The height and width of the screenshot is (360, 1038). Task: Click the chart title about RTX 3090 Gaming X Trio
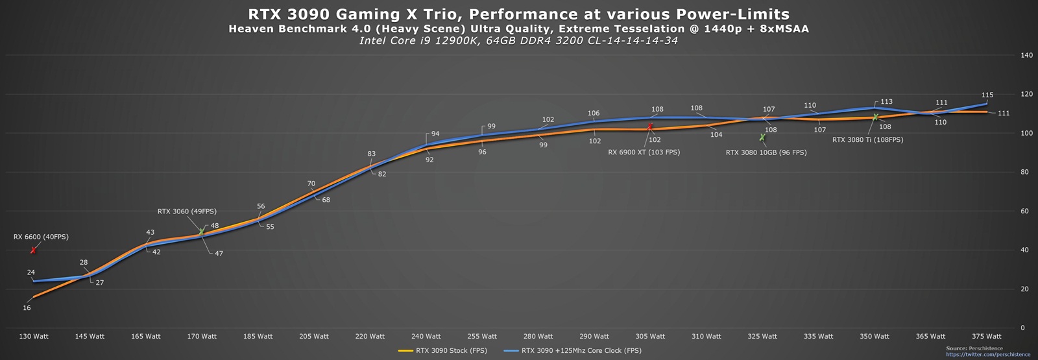(x=519, y=14)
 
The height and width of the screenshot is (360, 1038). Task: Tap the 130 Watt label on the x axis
(x=34, y=336)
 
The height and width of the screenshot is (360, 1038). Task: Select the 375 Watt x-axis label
(x=986, y=336)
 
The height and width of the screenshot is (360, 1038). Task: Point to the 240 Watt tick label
(x=426, y=336)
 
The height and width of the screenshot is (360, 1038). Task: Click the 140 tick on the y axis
(x=1026, y=55)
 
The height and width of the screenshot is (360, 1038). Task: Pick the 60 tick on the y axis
(x=1024, y=211)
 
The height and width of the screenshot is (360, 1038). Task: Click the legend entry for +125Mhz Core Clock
(x=581, y=351)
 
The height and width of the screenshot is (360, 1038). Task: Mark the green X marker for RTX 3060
(x=201, y=232)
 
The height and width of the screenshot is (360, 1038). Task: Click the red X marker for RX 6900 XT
(x=650, y=127)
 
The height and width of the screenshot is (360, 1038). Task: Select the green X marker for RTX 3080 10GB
(x=762, y=138)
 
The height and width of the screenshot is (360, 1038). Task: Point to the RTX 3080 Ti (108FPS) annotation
(x=867, y=139)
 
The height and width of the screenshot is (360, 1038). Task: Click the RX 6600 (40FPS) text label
(x=41, y=237)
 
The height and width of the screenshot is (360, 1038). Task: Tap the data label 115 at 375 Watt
(x=987, y=95)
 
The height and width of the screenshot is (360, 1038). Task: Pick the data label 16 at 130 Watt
(x=27, y=307)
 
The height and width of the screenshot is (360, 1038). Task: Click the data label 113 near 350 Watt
(x=886, y=102)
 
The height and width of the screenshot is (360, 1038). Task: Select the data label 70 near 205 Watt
(x=311, y=184)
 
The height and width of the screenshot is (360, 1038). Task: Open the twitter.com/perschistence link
(x=988, y=355)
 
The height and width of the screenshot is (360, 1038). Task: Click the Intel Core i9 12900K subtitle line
(x=519, y=41)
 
